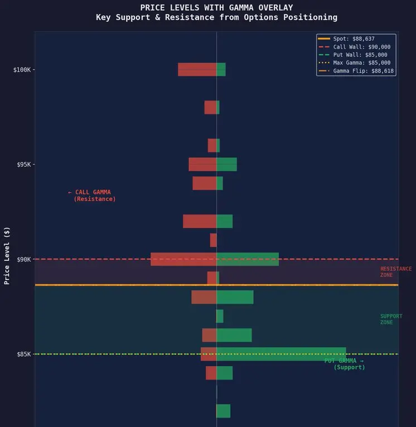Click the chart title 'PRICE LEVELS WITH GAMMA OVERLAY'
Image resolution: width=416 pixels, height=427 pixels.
[216, 8]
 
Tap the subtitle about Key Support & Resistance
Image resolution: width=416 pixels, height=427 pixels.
[216, 17]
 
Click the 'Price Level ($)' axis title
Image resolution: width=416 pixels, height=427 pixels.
[7, 255]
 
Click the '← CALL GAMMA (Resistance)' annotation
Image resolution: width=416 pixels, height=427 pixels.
[91, 195]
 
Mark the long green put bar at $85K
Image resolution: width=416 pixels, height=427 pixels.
[281, 354]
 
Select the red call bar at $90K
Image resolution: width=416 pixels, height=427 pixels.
[183, 259]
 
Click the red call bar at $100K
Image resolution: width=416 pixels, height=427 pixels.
[197, 69]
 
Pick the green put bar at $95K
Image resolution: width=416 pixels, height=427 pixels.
[226, 164]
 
